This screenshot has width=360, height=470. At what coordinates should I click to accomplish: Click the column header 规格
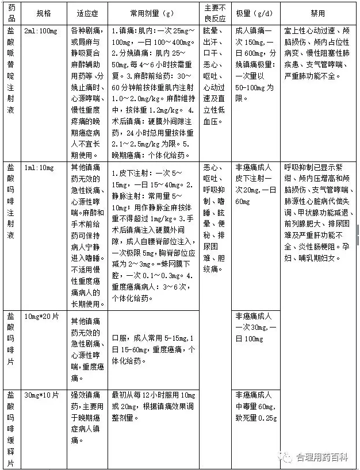43,13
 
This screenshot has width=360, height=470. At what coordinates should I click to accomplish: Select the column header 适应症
87,13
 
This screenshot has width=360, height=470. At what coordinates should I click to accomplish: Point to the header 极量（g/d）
255,13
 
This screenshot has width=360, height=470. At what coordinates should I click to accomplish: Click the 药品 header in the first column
11,13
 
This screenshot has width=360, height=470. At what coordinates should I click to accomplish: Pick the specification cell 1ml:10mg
39,167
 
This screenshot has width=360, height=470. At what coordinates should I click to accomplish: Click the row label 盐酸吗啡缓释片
11,428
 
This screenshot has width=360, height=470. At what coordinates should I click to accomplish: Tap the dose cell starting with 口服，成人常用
152,349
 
